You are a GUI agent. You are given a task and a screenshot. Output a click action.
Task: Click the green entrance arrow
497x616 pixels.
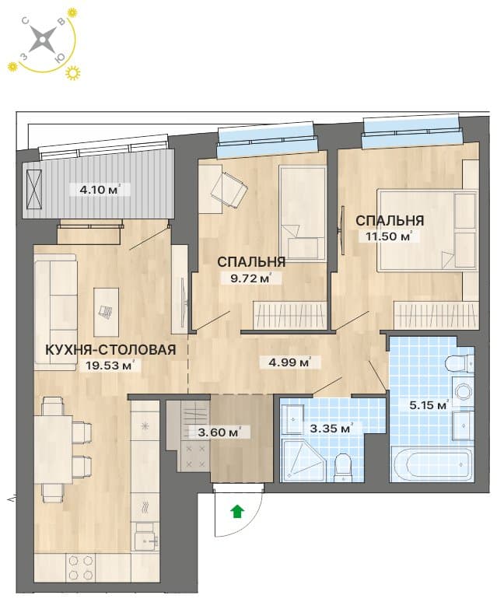(x=237, y=512)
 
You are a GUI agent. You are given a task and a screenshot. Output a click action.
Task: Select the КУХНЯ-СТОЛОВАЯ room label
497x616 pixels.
(x=110, y=349)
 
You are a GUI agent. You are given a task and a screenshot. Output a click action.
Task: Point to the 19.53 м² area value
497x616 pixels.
(x=107, y=366)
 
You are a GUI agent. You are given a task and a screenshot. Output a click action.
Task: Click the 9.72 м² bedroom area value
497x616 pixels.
(x=251, y=278)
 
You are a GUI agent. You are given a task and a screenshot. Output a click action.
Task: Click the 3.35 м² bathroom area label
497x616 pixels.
(x=330, y=428)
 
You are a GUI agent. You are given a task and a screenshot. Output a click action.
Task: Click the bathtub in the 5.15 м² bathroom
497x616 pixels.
(x=432, y=465)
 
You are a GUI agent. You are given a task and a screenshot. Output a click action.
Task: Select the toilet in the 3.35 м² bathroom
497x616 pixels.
(x=341, y=467)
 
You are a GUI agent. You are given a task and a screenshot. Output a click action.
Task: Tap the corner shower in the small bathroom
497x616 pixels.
(x=303, y=460)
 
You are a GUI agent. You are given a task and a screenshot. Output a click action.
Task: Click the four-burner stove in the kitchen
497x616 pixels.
(x=82, y=568)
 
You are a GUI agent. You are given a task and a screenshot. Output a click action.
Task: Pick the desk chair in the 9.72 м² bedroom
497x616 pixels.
(x=229, y=191)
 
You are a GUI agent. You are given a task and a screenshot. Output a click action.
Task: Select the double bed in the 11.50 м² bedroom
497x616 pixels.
(x=427, y=230)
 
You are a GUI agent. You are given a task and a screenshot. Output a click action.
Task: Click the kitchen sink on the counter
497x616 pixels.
(x=145, y=541)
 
